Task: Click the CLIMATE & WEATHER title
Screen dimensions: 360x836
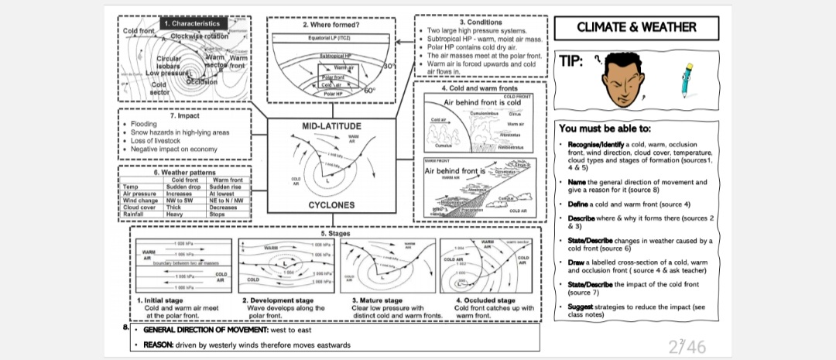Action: point(636,27)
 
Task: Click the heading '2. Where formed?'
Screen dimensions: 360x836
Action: point(331,25)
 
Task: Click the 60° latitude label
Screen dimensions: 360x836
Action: point(369,91)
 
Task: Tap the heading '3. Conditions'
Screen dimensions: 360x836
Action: point(481,22)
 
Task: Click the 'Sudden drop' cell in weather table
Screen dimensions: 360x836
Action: point(183,187)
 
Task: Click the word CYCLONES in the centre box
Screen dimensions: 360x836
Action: point(331,205)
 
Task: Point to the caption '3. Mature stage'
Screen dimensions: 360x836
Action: point(376,300)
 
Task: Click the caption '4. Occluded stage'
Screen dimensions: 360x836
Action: point(485,300)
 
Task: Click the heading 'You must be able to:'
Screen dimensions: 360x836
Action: point(605,128)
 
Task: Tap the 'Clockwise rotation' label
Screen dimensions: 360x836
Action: point(200,36)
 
